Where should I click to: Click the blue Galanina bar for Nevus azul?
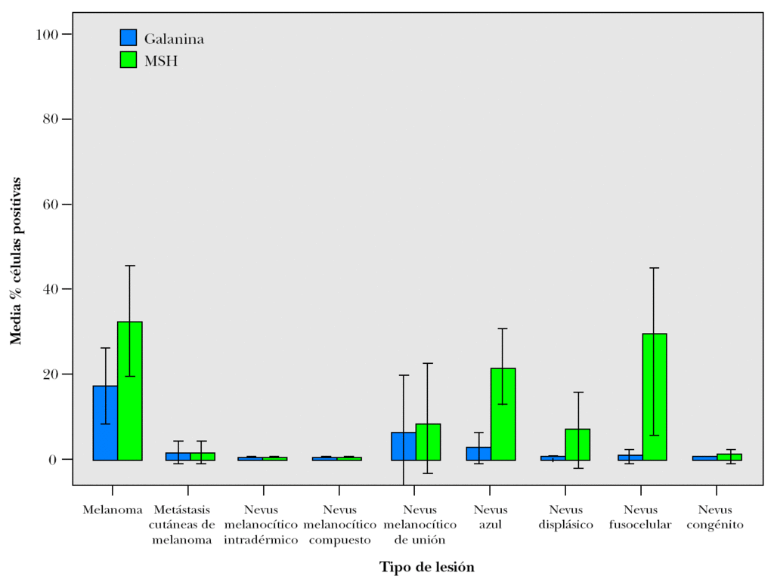[x=478, y=453]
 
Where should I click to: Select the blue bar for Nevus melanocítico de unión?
[x=404, y=446]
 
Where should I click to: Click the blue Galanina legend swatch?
[x=128, y=38]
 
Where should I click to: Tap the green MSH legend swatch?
[x=128, y=60]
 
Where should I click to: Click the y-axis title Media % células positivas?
[x=16, y=261]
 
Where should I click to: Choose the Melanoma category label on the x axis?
[x=113, y=510]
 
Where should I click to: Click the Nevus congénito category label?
[x=715, y=517]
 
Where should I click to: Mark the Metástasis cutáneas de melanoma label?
[x=181, y=525]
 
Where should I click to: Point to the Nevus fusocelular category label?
[x=640, y=517]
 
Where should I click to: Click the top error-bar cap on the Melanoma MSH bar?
[x=130, y=266]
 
